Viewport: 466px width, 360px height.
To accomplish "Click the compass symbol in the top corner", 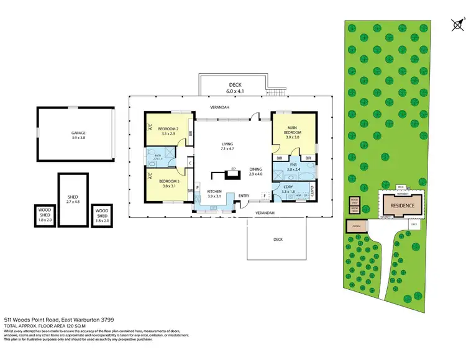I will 457,25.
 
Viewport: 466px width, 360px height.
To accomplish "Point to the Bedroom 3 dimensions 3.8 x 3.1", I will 168,185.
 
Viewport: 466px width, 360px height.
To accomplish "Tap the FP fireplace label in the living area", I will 234,169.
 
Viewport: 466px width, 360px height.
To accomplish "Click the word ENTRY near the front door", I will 244,196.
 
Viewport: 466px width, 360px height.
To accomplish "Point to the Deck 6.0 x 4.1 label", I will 234,87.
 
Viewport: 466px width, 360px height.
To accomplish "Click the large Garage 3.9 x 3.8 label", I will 78,135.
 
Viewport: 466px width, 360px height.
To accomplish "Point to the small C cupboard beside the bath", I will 190,164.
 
